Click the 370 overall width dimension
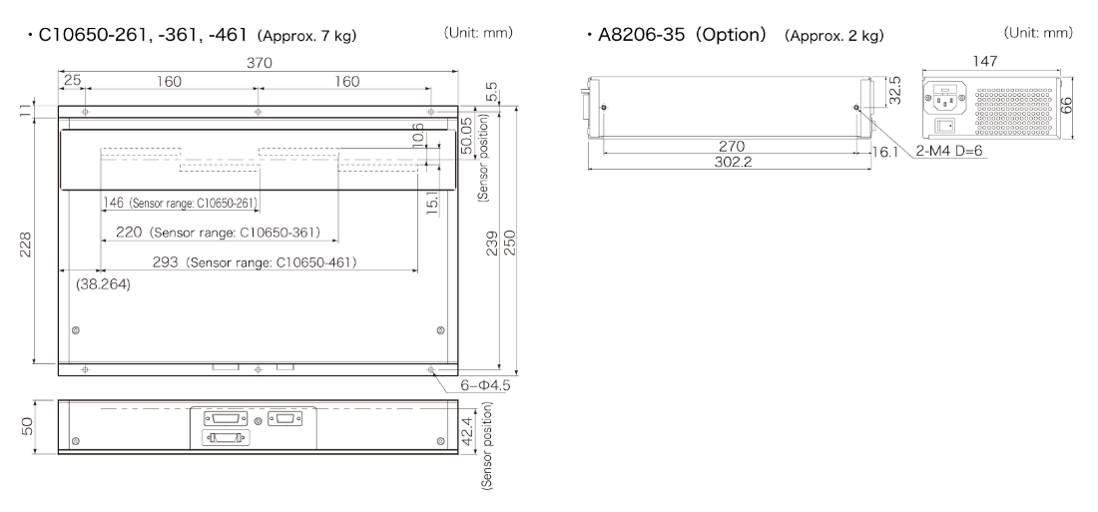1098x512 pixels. click(258, 62)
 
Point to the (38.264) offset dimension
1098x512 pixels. click(103, 284)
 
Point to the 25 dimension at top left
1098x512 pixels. click(72, 80)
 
